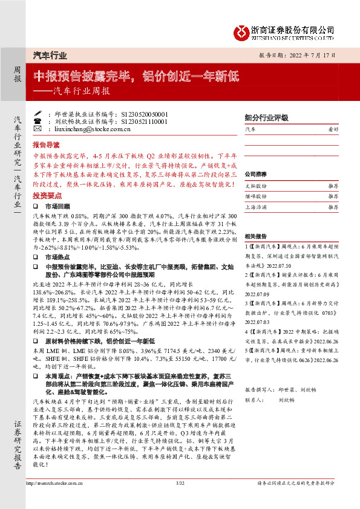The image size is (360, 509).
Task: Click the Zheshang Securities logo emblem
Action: [x=243, y=30]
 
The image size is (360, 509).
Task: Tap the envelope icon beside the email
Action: [x=37, y=129]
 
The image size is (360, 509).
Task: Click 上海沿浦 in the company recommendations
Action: [x=255, y=207]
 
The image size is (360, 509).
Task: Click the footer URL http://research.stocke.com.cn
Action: [x=51, y=500]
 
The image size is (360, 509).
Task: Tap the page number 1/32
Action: [x=180, y=500]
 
